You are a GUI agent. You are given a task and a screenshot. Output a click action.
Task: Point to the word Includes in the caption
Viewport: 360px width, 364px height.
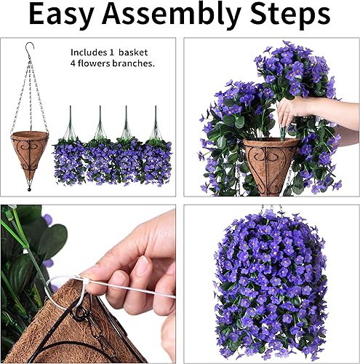tap(89, 53)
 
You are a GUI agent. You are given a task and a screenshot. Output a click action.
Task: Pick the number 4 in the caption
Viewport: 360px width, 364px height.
tap(73, 64)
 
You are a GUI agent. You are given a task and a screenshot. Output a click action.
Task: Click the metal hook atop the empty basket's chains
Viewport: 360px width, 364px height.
tap(29, 49)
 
